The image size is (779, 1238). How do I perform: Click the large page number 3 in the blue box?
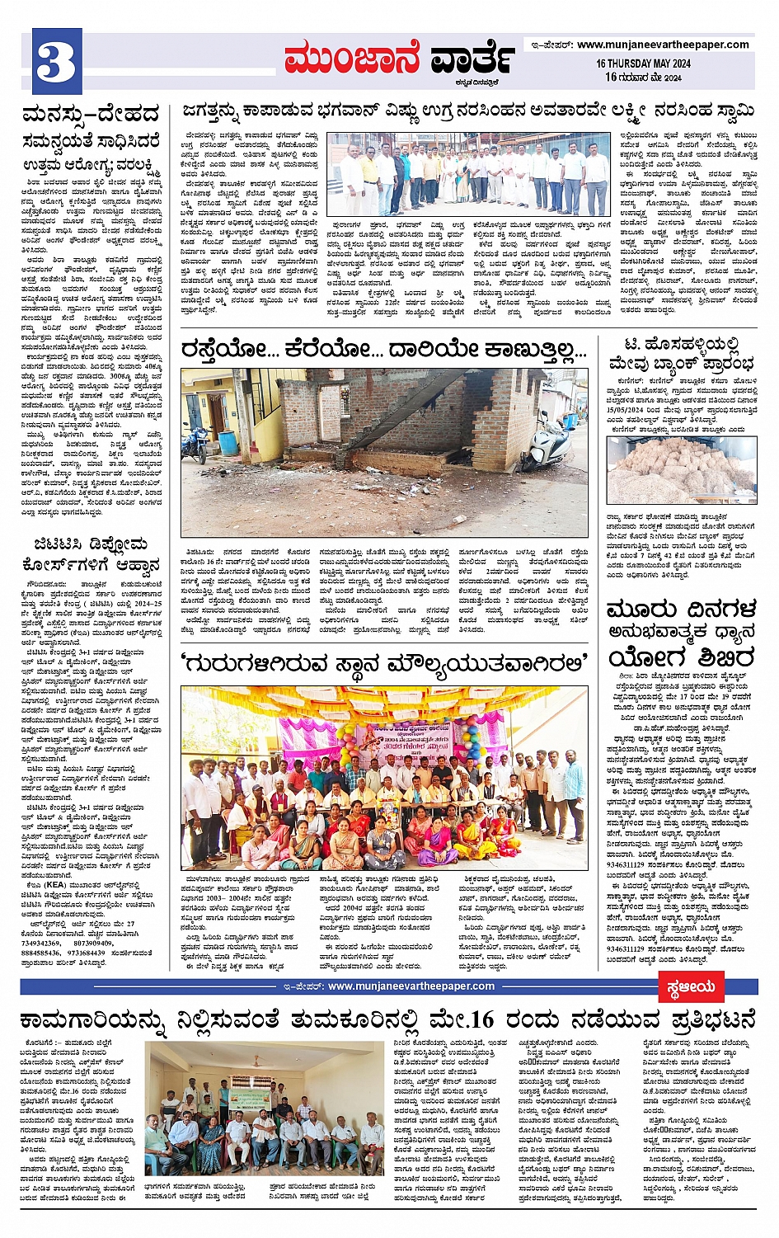tap(55, 62)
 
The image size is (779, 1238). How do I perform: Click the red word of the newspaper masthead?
tap(352, 59)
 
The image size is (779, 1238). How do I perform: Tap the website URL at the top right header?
tap(663, 45)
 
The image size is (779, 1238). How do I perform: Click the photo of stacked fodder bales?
tap(681, 470)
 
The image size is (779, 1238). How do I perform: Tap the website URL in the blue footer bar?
tap(410, 986)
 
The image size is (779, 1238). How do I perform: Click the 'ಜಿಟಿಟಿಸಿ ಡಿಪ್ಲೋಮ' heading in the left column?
tap(92, 544)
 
